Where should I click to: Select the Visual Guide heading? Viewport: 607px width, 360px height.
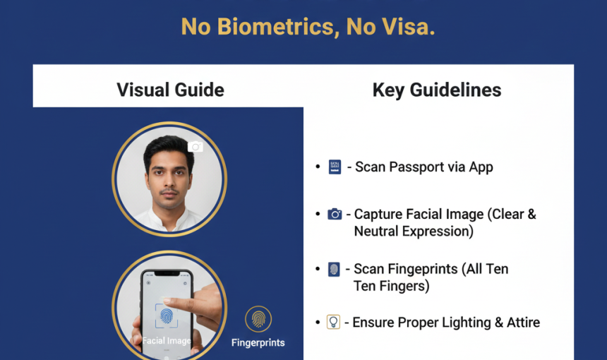point(170,90)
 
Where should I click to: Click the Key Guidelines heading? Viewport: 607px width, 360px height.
point(437,90)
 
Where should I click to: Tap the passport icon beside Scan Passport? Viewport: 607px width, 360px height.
point(335,167)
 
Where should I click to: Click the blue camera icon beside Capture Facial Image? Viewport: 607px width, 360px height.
point(335,214)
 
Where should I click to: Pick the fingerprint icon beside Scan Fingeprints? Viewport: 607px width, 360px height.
point(334,270)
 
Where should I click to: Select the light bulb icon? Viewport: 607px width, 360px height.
point(333,322)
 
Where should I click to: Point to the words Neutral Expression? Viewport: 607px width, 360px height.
point(414,232)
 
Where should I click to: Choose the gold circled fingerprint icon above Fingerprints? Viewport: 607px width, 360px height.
point(258,319)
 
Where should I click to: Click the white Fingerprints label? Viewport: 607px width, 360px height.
point(258,342)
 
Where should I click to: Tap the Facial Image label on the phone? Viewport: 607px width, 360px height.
point(167,341)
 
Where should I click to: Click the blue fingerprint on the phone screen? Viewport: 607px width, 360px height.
point(167,316)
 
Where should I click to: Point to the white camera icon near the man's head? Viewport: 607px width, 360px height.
point(196,147)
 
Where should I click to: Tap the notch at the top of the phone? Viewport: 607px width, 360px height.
point(167,273)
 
